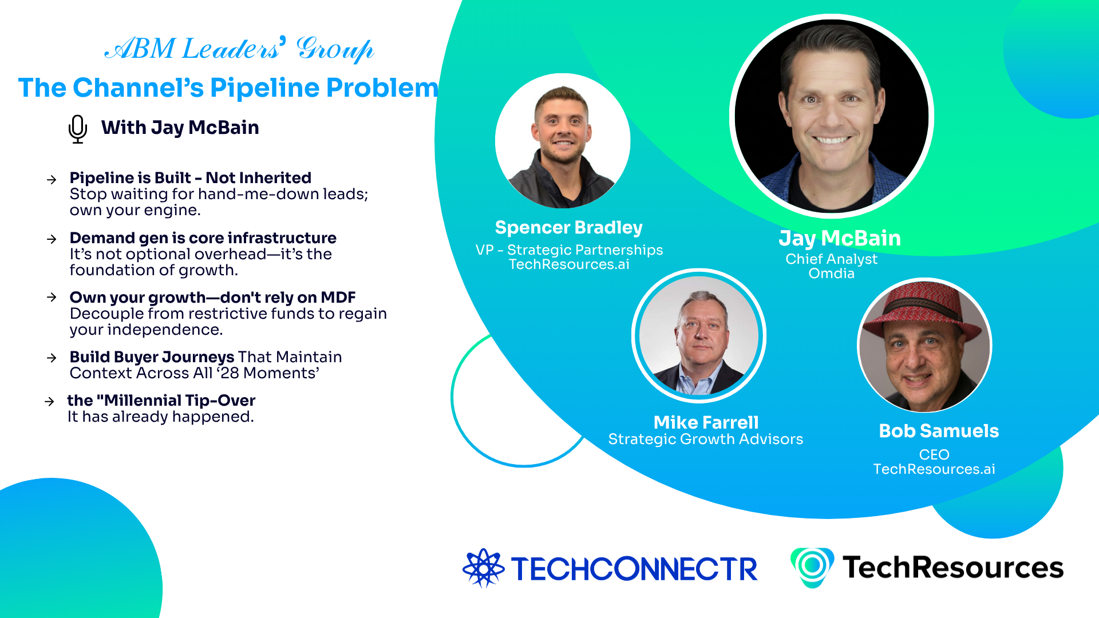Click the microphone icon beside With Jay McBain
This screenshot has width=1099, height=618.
click(x=77, y=129)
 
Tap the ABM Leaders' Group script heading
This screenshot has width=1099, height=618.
click(x=239, y=49)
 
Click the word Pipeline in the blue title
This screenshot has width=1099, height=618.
click(x=264, y=88)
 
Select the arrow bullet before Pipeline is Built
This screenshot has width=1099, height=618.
click(x=52, y=180)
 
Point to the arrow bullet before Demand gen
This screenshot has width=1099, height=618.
click(x=52, y=239)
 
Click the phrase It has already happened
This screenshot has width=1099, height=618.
click(x=160, y=417)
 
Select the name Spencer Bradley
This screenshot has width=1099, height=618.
click(x=568, y=228)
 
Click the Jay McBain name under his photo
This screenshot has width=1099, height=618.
click(x=840, y=238)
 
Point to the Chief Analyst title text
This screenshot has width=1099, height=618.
click(x=831, y=259)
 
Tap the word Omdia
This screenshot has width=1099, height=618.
click(x=831, y=274)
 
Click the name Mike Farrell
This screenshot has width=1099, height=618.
click(x=706, y=422)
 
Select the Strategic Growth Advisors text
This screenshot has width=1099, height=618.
click(x=705, y=439)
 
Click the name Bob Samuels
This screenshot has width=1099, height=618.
click(x=939, y=431)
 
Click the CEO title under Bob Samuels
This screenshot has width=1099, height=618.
click(x=934, y=454)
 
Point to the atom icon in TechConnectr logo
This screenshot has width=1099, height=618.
click(x=484, y=568)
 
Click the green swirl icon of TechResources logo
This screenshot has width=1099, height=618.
click(x=812, y=566)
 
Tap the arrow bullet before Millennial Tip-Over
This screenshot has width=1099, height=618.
click(x=49, y=402)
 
